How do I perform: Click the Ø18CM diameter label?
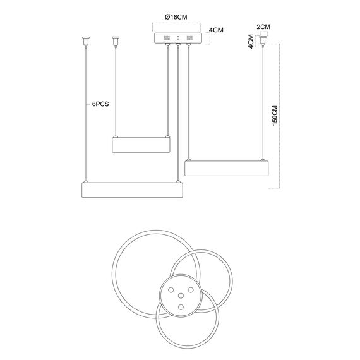pyautogui.click(x=176, y=17)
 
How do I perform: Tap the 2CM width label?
pyautogui.click(x=263, y=27)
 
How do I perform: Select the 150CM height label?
pyautogui.click(x=275, y=116)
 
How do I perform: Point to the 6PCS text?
pyautogui.click(x=100, y=104)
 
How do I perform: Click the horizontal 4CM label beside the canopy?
pyautogui.click(x=216, y=30)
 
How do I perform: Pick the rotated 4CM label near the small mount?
pyautogui.click(x=251, y=41)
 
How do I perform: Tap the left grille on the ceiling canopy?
pyautogui.click(x=167, y=38)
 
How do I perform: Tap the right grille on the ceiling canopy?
pyautogui.click(x=189, y=38)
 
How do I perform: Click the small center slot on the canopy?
pyautogui.click(x=178, y=38)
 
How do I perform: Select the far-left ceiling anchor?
pyautogui.click(x=86, y=42)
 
